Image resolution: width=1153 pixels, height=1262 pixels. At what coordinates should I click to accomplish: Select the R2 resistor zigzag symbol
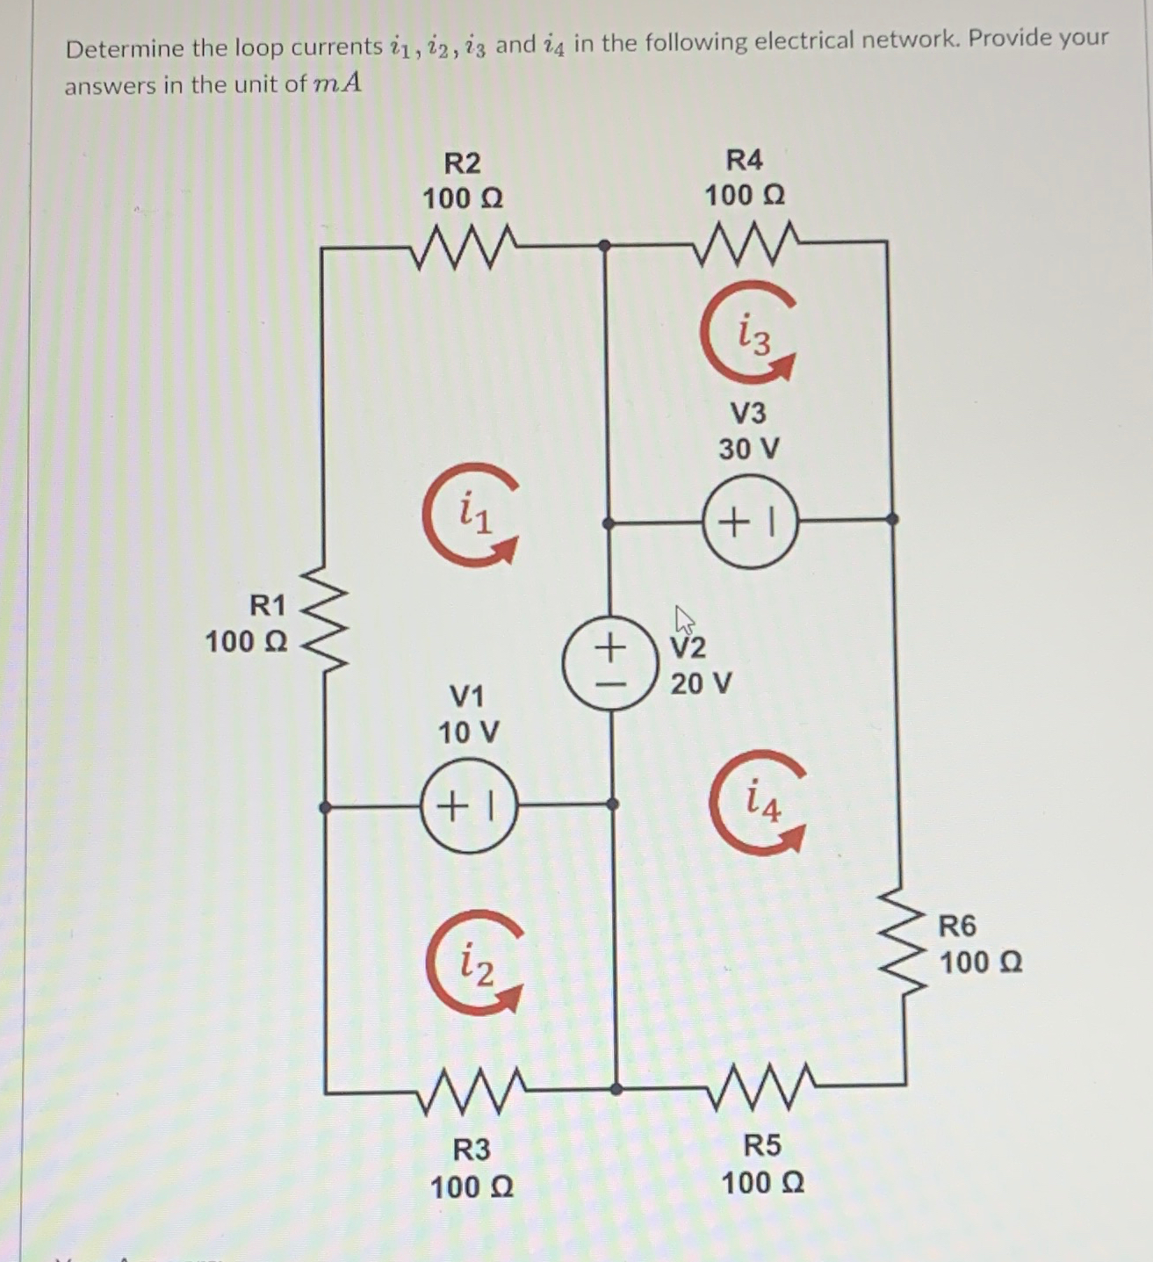tap(464, 247)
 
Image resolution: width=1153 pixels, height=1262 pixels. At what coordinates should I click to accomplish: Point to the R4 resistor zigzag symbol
tap(746, 242)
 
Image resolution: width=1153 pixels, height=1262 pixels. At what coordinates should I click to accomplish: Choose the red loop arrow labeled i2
tap(475, 964)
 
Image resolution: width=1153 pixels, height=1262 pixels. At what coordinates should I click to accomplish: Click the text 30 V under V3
tap(748, 449)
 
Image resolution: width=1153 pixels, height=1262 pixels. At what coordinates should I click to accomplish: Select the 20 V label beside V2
tap(701, 683)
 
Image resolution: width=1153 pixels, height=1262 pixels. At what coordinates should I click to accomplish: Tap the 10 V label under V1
tap(468, 732)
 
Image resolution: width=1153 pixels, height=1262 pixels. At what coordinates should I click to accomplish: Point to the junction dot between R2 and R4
tap(604, 246)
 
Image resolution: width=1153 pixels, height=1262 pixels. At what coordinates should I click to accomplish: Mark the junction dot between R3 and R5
tap(616, 1089)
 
